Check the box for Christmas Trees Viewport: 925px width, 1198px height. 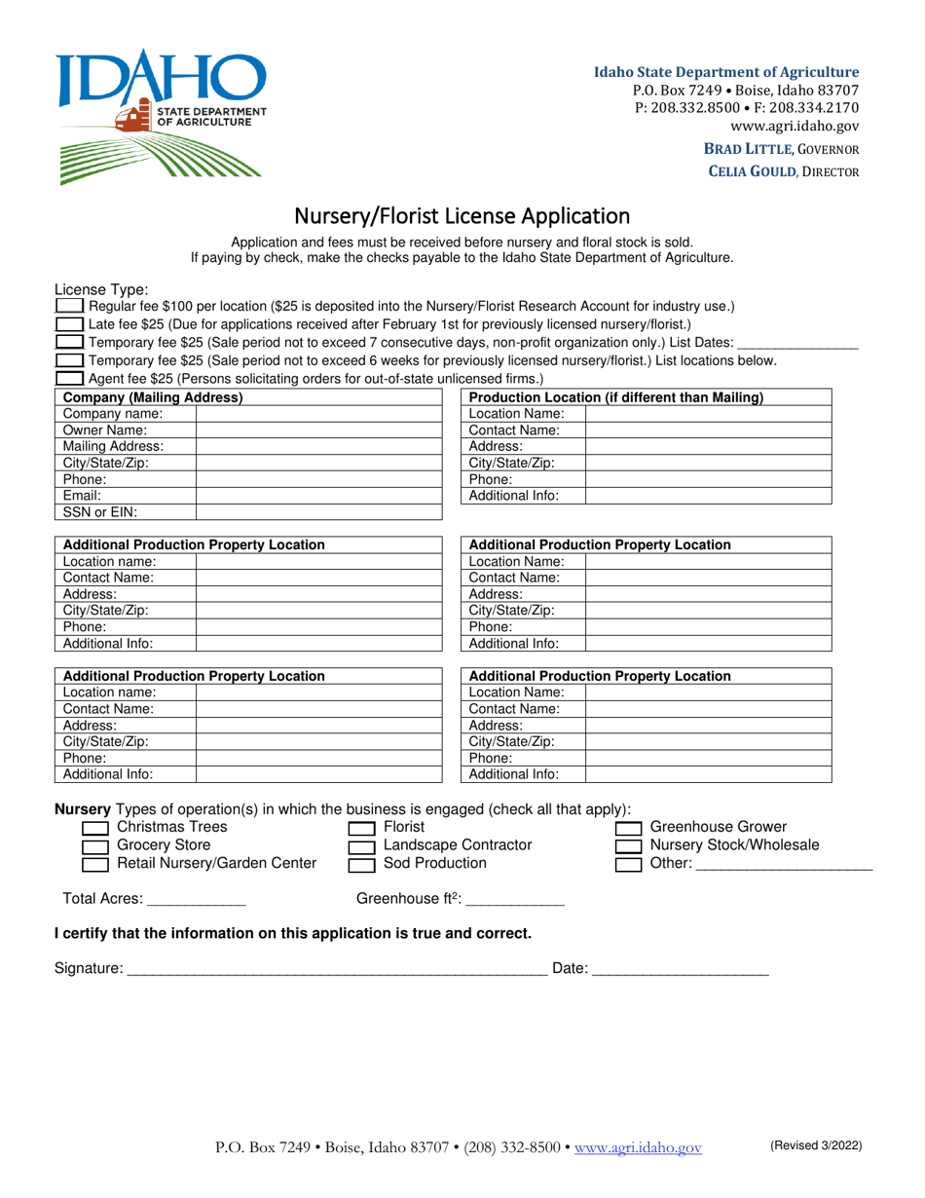(x=94, y=828)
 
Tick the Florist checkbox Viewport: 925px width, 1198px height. (x=361, y=828)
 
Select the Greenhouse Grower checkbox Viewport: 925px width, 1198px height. (x=628, y=828)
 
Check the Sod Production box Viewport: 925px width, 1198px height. (x=361, y=864)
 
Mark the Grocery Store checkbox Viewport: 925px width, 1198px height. (x=94, y=846)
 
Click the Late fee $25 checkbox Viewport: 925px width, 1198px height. (x=69, y=324)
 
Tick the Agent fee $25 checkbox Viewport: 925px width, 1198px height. (x=69, y=378)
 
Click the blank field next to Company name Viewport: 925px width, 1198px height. (x=318, y=413)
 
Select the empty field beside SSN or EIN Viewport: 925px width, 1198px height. (x=318, y=511)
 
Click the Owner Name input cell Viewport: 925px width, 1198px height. (x=318, y=430)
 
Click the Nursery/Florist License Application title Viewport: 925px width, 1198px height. (x=462, y=215)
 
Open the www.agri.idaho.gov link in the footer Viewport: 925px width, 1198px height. (x=638, y=1148)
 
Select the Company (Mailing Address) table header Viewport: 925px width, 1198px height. (x=153, y=397)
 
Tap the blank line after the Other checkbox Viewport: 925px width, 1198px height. (x=785, y=865)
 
